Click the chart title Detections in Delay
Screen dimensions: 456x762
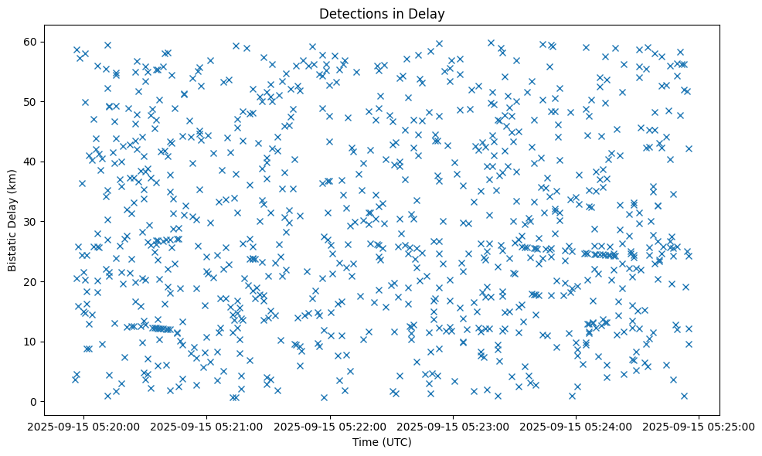pyautogui.click(x=382, y=13)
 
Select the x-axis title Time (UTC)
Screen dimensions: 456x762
pyautogui.click(x=382, y=442)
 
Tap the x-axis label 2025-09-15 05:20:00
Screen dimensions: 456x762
pyautogui.click(x=84, y=426)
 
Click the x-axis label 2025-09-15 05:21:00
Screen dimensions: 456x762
pyautogui.click(x=207, y=426)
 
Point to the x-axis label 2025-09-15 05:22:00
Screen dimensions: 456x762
pyautogui.click(x=331, y=426)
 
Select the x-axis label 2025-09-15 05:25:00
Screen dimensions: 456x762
pyautogui.click(x=700, y=426)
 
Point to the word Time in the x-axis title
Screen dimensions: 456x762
pyautogui.click(x=365, y=442)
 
